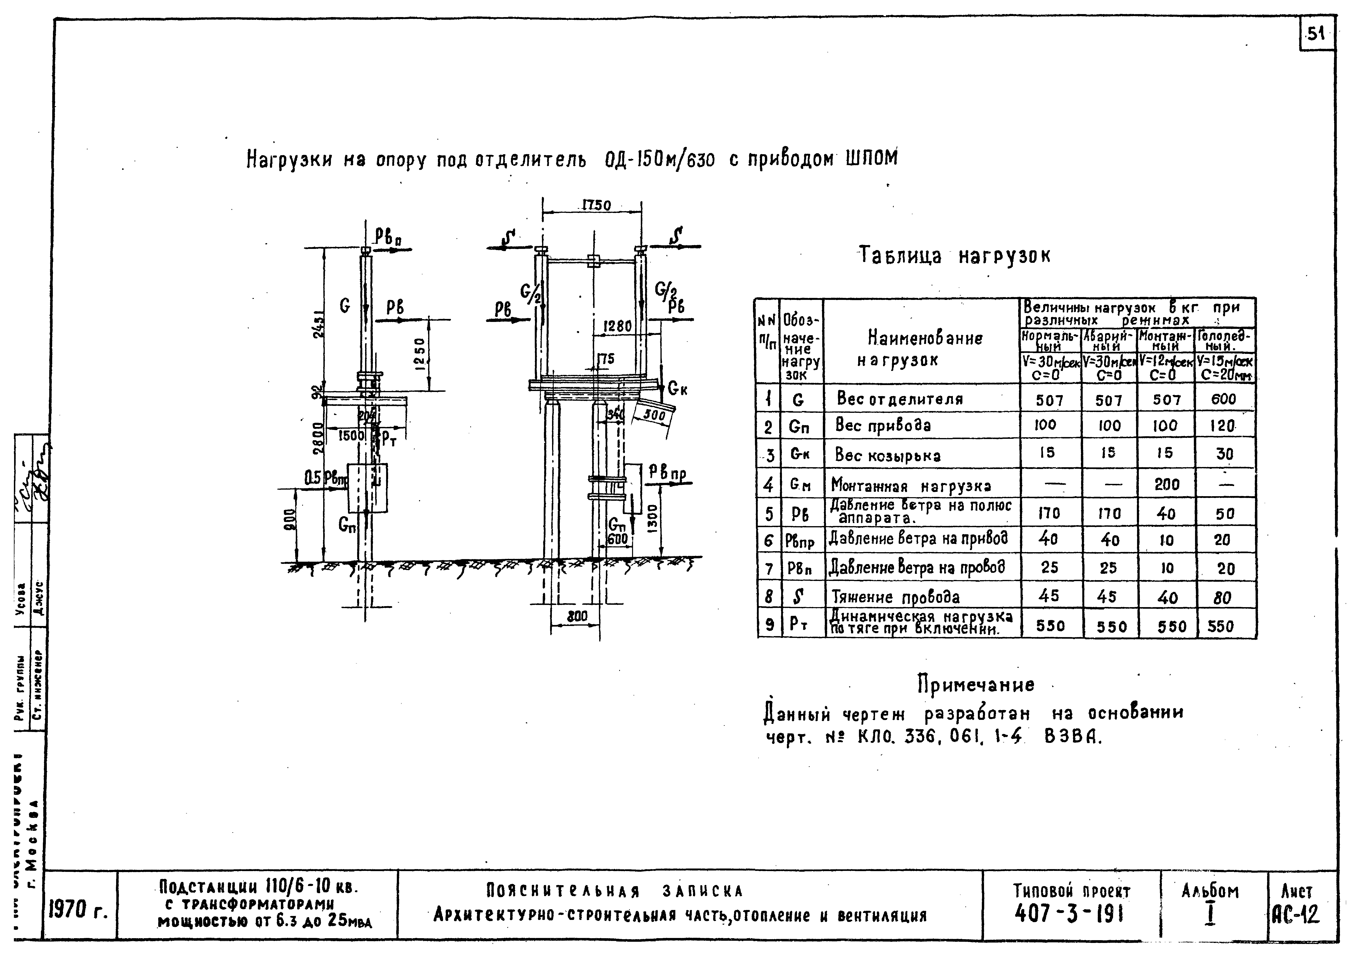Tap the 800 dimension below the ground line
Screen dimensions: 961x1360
click(x=576, y=616)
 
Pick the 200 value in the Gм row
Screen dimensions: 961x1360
click(x=1166, y=485)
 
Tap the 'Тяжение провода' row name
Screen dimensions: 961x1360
click(x=896, y=597)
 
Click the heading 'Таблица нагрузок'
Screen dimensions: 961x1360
click(x=955, y=256)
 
